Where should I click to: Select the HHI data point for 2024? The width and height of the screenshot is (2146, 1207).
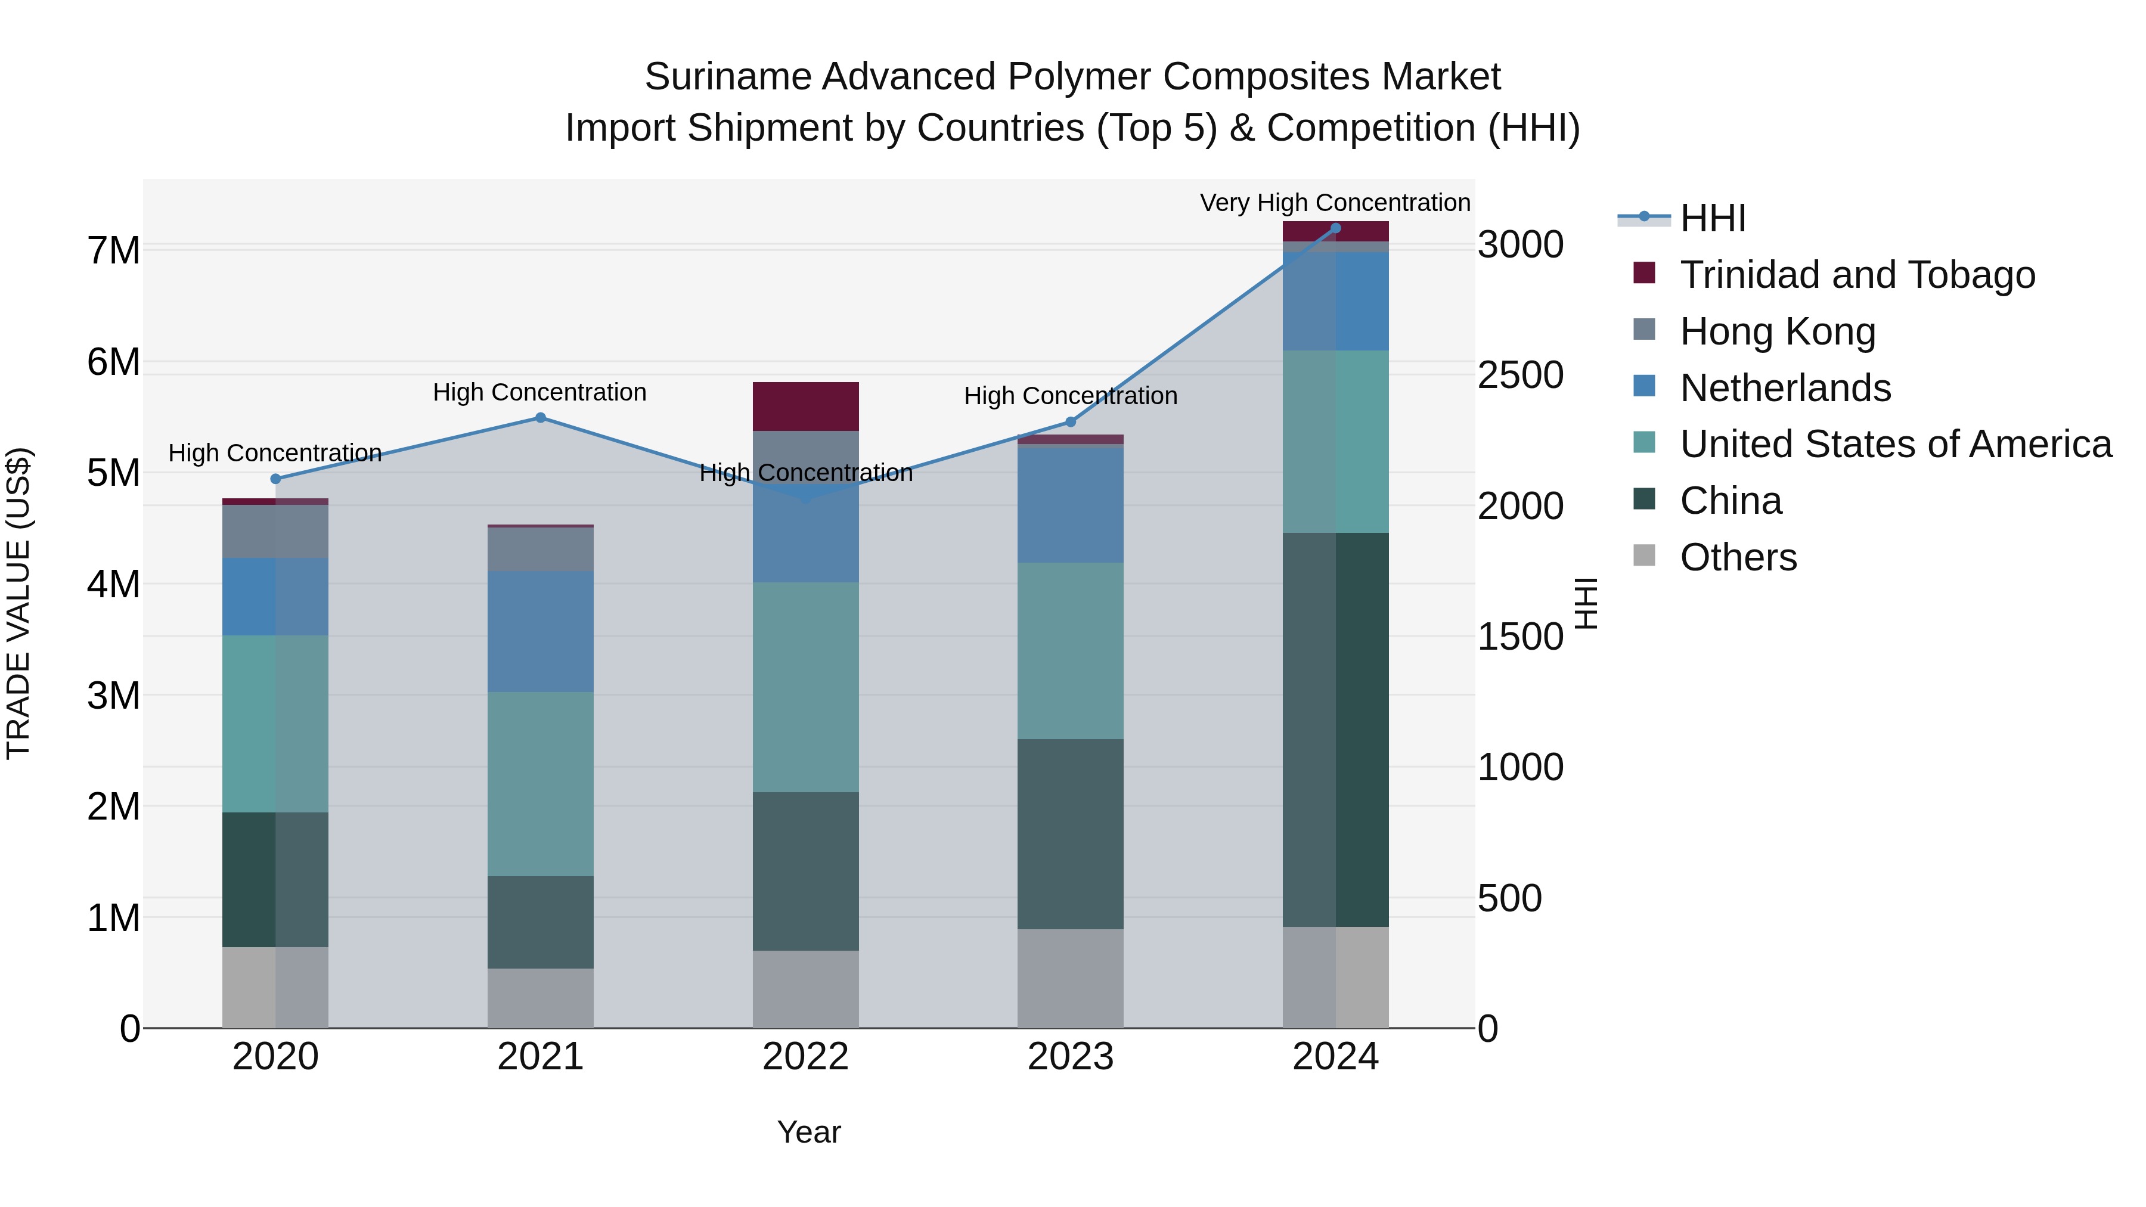pyautogui.click(x=1335, y=228)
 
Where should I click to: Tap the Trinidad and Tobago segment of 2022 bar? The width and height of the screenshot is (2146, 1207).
pyautogui.click(x=805, y=407)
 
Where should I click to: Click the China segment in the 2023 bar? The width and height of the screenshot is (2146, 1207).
pyautogui.click(x=1071, y=834)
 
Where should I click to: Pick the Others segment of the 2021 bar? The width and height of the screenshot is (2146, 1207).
pyautogui.click(x=540, y=998)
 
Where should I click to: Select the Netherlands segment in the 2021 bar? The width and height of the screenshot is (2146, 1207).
pyautogui.click(x=540, y=631)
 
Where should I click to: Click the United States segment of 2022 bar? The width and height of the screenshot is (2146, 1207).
pyautogui.click(x=805, y=687)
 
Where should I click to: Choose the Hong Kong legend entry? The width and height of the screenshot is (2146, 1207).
pyautogui.click(x=1777, y=331)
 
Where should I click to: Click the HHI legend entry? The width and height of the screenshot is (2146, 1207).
pyautogui.click(x=1712, y=218)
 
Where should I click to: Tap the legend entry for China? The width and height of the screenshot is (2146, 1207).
pyautogui.click(x=1731, y=501)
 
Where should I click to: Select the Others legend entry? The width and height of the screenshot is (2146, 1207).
pyautogui.click(x=1738, y=557)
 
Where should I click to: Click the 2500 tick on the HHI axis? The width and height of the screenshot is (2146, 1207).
pyautogui.click(x=1520, y=376)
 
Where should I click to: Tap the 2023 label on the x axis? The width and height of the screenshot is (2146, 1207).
pyautogui.click(x=1071, y=1057)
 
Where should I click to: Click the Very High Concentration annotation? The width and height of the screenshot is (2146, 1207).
pyautogui.click(x=1335, y=203)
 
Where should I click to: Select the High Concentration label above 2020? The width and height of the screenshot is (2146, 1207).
pyautogui.click(x=275, y=453)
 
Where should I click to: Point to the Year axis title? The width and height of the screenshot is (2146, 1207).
pyautogui.click(x=808, y=1132)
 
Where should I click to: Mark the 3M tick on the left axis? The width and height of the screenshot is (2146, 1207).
pyautogui.click(x=114, y=696)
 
